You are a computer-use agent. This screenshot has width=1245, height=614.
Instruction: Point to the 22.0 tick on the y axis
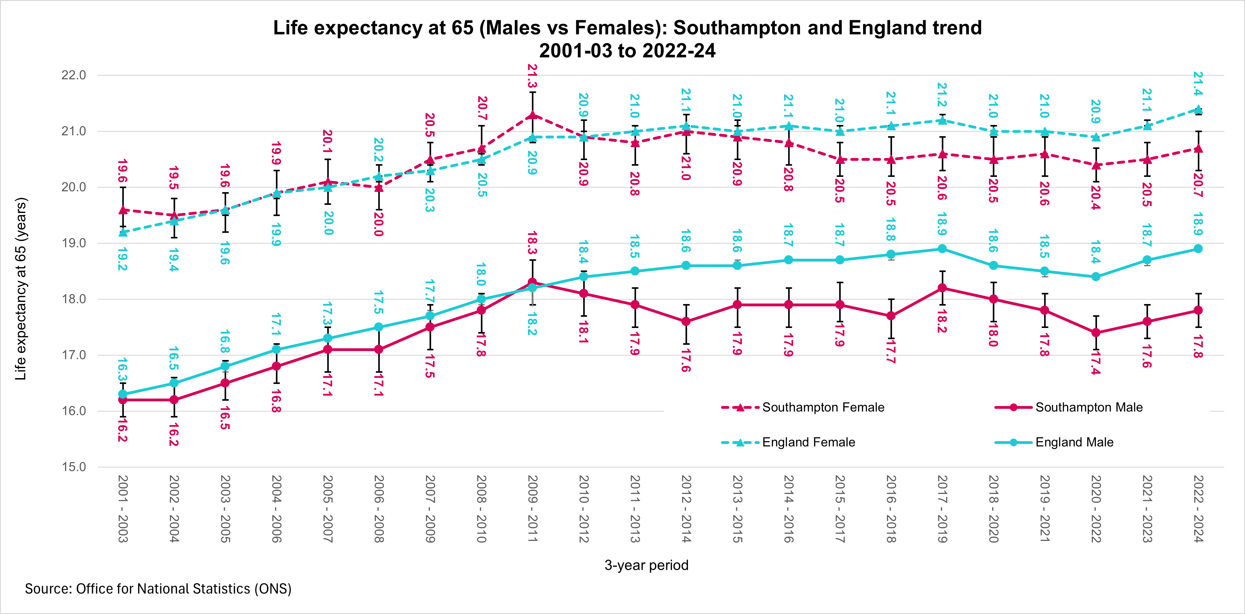73,75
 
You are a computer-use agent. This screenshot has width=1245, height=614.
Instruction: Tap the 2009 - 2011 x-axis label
532,509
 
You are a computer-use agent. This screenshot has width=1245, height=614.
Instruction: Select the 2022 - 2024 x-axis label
1198,509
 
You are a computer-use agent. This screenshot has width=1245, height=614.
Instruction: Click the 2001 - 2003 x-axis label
123,509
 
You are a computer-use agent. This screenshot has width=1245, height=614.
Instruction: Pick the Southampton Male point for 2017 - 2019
942,288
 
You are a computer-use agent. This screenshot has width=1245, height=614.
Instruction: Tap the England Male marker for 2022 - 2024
1198,249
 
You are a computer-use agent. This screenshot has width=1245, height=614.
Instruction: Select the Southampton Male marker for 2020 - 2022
1096,332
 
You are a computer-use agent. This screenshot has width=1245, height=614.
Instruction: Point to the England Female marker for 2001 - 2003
123,232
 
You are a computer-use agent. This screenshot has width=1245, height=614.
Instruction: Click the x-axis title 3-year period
646,565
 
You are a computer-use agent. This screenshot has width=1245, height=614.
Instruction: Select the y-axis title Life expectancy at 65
21,289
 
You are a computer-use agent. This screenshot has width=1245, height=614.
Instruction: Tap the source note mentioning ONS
158,589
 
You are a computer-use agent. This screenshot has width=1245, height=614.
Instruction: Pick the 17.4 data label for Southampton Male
1096,363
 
